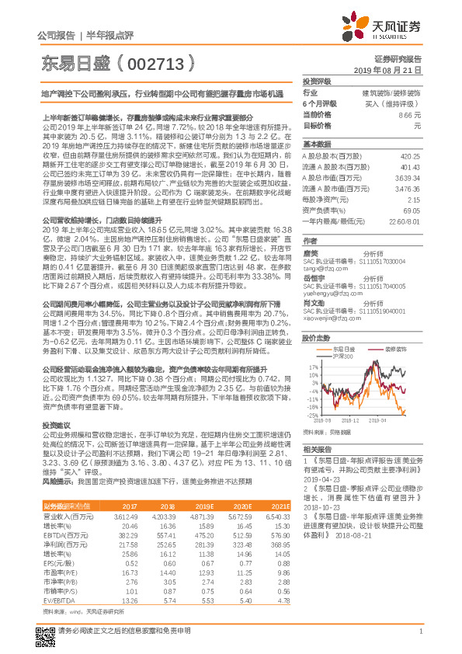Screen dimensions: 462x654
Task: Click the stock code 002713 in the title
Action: click(161, 59)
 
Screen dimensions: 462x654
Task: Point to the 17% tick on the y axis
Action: click(312, 366)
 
